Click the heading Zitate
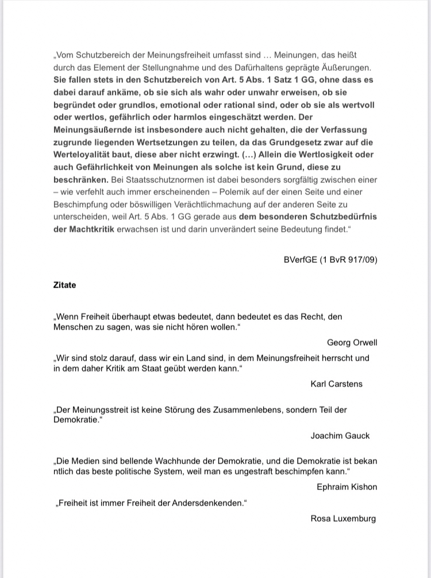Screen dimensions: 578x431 [64, 285]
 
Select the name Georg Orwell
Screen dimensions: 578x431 [352, 343]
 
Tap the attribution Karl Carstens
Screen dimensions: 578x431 [336, 384]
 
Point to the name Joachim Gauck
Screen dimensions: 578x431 [340, 435]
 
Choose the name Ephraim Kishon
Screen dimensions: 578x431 [347, 487]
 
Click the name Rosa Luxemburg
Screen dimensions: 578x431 [343, 518]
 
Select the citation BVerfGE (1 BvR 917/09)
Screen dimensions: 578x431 [330, 259]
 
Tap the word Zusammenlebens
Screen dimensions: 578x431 [255, 409]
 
